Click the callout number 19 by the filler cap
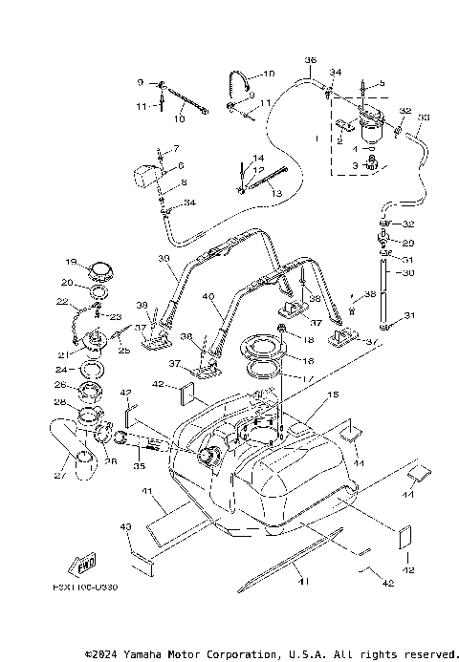tap(70, 261)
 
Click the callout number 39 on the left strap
tap(163, 258)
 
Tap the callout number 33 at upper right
tap(424, 117)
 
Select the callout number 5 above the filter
tap(382, 84)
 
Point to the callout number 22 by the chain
tap(61, 302)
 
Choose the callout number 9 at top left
tap(141, 82)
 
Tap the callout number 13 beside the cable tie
tap(277, 193)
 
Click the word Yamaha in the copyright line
tap(149, 654)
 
